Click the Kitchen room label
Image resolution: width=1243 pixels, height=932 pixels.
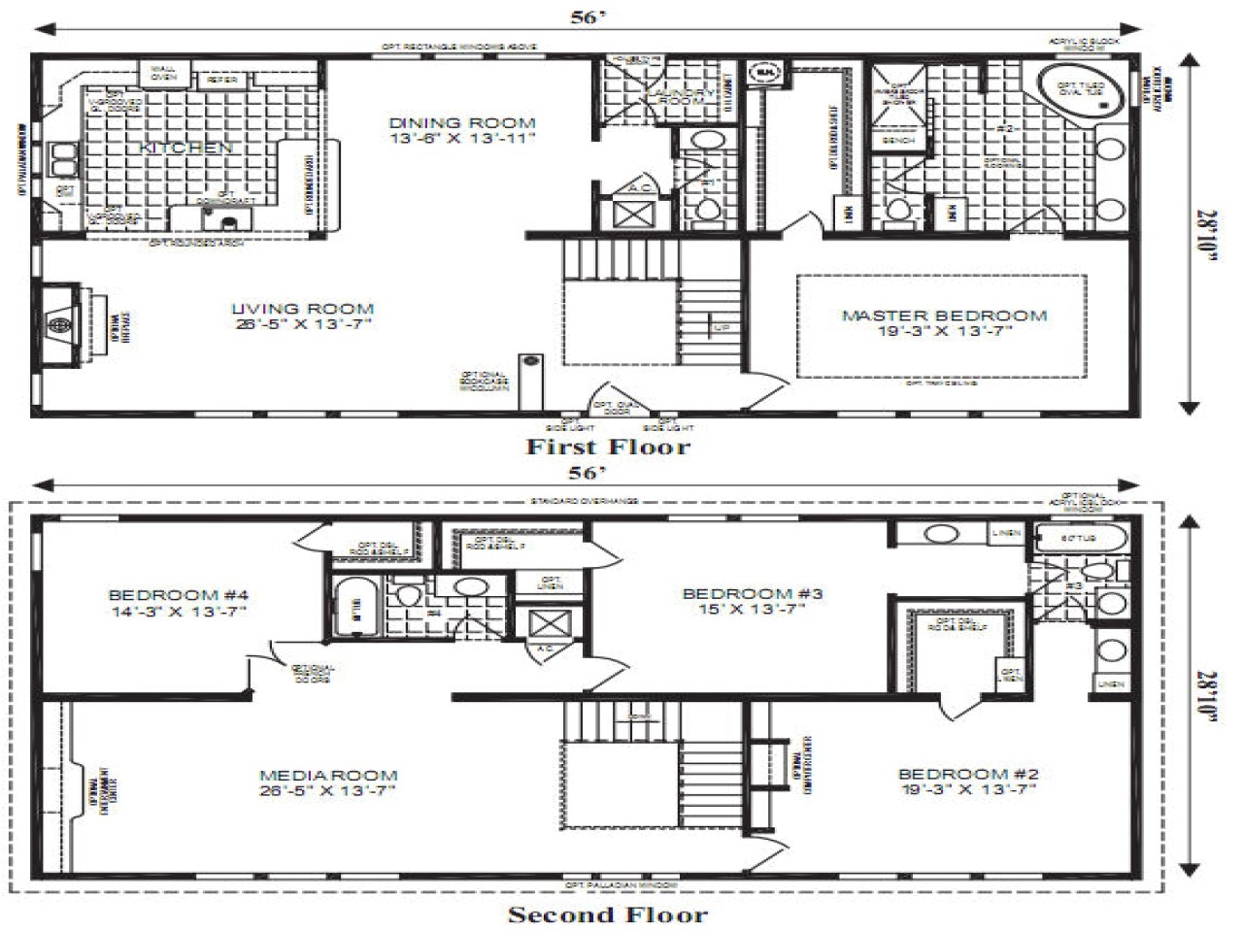pyautogui.click(x=185, y=148)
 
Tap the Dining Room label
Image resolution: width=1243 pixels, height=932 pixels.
pyautogui.click(x=462, y=130)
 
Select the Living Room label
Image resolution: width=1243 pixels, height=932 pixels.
pyautogui.click(x=302, y=316)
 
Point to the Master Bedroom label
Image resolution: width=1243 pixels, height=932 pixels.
pyautogui.click(x=944, y=322)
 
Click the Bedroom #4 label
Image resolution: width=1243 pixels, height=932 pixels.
pyautogui.click(x=179, y=603)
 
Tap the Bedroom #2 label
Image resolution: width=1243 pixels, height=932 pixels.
pyautogui.click(x=968, y=782)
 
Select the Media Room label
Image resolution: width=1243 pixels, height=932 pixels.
pyautogui.click(x=328, y=782)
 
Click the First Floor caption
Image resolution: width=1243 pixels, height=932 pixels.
pyautogui.click(x=608, y=447)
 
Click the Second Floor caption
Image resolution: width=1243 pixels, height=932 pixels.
pyautogui.click(x=608, y=915)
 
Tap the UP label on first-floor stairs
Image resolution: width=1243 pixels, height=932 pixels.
pyautogui.click(x=722, y=328)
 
